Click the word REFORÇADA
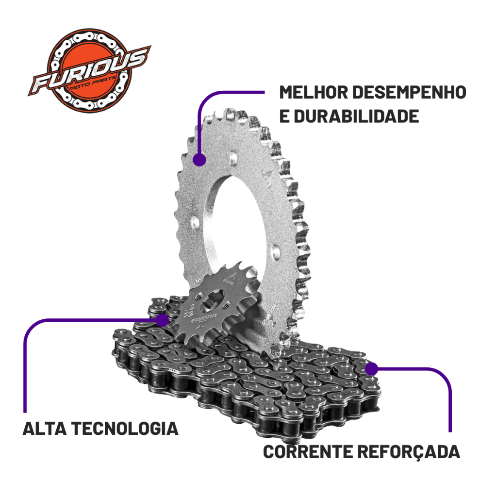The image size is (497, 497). pyautogui.click(x=409, y=451)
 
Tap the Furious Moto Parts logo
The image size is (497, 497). pyautogui.click(x=90, y=69)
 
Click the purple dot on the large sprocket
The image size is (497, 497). pyautogui.click(x=199, y=160)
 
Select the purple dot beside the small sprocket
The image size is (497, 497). pyautogui.click(x=163, y=320)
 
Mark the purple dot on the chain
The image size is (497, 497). pyautogui.click(x=371, y=369)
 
